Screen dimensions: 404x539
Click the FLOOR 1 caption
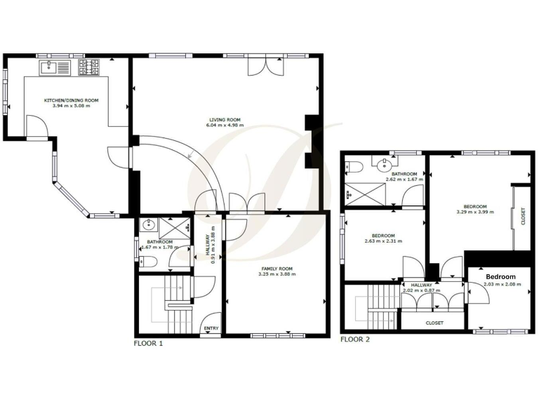pyautogui.click(x=148, y=344)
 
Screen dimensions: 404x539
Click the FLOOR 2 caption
pyautogui.click(x=355, y=339)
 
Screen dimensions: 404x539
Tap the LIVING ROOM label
pyautogui.click(x=223, y=120)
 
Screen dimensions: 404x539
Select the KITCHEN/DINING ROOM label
pyautogui.click(x=71, y=100)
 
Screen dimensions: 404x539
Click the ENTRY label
pyautogui.click(x=210, y=328)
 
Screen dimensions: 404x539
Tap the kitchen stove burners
pyautogui.click(x=88, y=67)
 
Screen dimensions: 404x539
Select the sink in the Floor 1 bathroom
pyautogui.click(x=148, y=225)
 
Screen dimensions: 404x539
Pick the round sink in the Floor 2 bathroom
pyautogui.click(x=383, y=165)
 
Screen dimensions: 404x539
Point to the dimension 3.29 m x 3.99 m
pyautogui.click(x=475, y=212)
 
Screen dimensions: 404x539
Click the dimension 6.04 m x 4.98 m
pyautogui.click(x=223, y=126)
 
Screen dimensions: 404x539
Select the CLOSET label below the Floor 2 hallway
pyautogui.click(x=434, y=323)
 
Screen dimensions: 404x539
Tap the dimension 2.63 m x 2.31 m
pyautogui.click(x=382, y=241)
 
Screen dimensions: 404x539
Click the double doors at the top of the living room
pyautogui.click(x=267, y=66)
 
